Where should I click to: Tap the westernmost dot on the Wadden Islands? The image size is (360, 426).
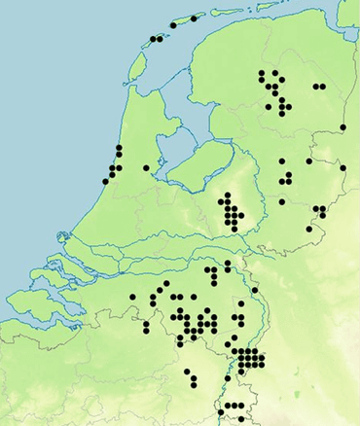[153, 40]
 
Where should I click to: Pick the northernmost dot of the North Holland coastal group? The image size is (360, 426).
[119, 148]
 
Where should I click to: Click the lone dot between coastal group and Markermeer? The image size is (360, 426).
[146, 168]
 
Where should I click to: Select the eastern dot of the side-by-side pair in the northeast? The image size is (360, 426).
[322, 87]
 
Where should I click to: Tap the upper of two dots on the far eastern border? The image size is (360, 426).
[343, 127]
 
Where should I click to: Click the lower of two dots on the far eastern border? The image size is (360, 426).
[343, 168]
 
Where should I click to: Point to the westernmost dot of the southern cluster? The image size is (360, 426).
[132, 297]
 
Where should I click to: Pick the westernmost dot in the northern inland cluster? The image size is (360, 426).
[262, 73]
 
